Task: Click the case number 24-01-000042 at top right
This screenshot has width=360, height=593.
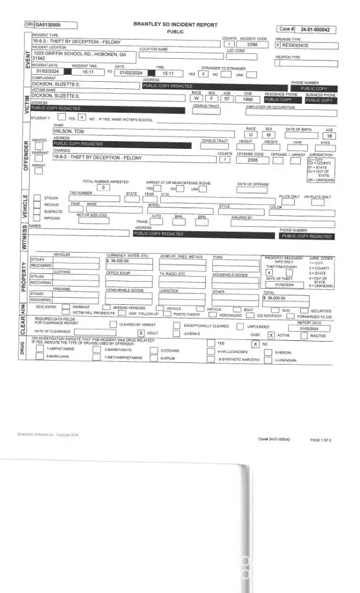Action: coord(315,28)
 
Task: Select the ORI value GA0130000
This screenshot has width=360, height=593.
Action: coord(47,25)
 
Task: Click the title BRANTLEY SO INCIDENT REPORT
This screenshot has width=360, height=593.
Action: coord(175,25)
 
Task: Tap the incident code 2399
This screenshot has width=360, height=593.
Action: coord(252,45)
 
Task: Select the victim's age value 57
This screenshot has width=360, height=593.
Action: coord(227,100)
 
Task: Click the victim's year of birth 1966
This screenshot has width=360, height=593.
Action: coord(248,100)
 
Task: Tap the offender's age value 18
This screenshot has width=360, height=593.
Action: coord(330,136)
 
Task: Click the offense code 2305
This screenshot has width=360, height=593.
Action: coord(253,160)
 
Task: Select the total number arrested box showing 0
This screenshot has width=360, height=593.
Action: coord(104,187)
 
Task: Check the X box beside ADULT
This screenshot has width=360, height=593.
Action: coord(141,333)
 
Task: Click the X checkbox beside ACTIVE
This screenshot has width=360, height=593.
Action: coord(271,335)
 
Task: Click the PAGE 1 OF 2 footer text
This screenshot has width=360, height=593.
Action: coord(321,440)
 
